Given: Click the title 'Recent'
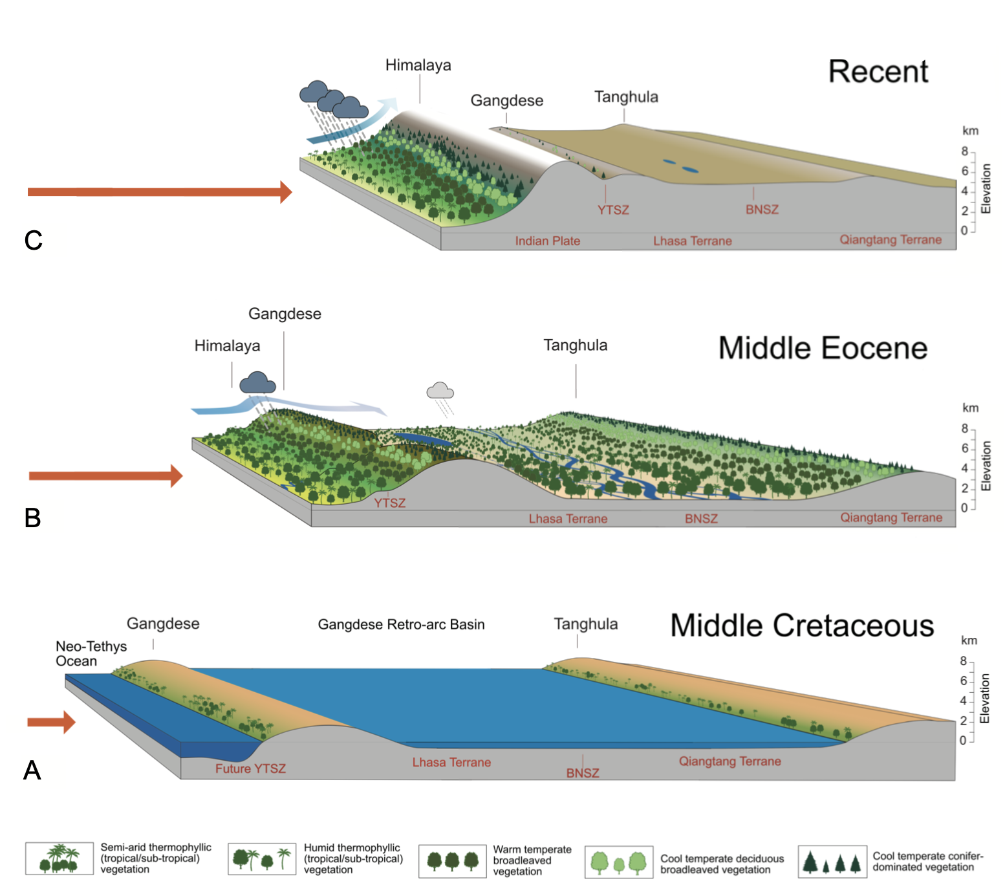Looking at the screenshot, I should [x=878, y=72].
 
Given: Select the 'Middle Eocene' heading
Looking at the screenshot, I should [x=823, y=348].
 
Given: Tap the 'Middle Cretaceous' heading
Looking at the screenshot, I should [x=802, y=626].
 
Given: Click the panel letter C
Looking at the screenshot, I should [x=34, y=240].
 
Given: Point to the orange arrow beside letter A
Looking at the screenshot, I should [x=51, y=722].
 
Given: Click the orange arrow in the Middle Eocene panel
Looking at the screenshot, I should [x=105, y=476].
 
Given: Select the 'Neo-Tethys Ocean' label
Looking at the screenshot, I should [x=91, y=653].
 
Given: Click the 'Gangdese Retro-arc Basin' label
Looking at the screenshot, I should [x=401, y=624].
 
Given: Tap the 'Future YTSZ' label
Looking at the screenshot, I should [x=250, y=769].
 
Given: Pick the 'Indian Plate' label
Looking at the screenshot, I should [x=547, y=241].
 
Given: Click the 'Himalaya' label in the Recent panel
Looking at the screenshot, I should [x=418, y=65].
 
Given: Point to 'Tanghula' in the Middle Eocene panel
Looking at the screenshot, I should [x=575, y=345].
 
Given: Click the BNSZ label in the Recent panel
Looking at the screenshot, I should [x=762, y=210].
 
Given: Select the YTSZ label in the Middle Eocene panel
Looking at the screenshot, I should [x=389, y=503].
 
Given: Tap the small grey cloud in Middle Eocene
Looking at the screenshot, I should [x=440, y=391].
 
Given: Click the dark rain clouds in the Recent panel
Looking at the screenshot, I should [x=332, y=101].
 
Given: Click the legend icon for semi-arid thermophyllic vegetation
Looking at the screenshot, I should [x=59, y=858].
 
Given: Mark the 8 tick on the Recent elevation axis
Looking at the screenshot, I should [x=965, y=151].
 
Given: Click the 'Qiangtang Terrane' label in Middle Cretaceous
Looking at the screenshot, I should [x=729, y=761].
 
